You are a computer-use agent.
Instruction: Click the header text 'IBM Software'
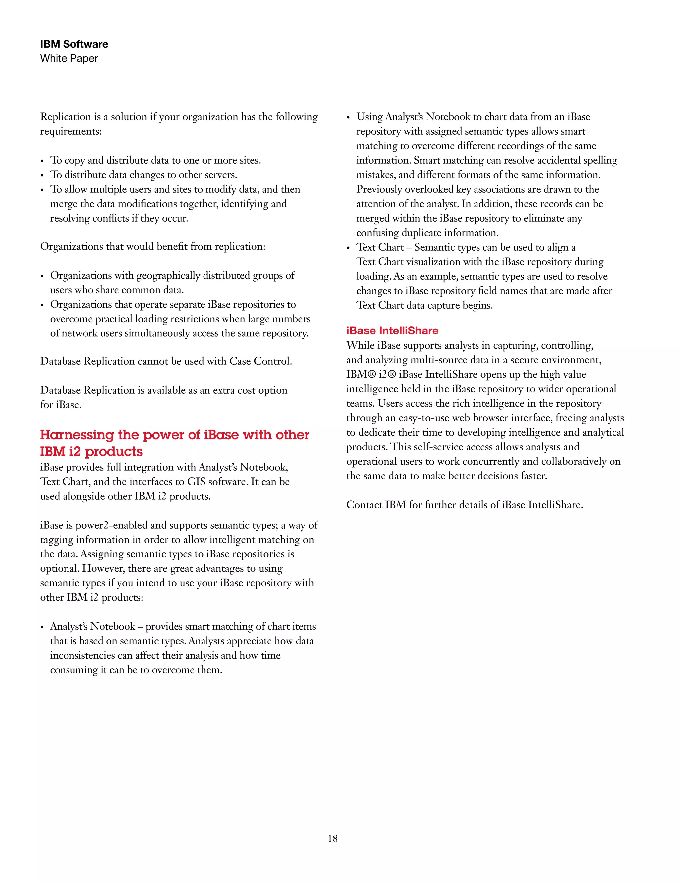coord(74,44)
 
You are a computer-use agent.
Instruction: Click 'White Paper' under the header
coord(69,58)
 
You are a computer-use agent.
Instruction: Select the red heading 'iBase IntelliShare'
coord(392,331)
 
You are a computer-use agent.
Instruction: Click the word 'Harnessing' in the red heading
coord(77,435)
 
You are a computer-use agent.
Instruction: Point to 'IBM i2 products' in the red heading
coord(91,452)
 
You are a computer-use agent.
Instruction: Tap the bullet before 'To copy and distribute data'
coord(42,161)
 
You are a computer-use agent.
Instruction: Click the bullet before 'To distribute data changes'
coord(42,176)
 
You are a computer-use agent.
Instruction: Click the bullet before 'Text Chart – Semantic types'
coord(348,248)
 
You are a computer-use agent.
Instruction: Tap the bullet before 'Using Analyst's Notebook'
coord(348,118)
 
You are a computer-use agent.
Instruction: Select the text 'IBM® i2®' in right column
coord(371,374)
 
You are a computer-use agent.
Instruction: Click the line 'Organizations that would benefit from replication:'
coord(153,246)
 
